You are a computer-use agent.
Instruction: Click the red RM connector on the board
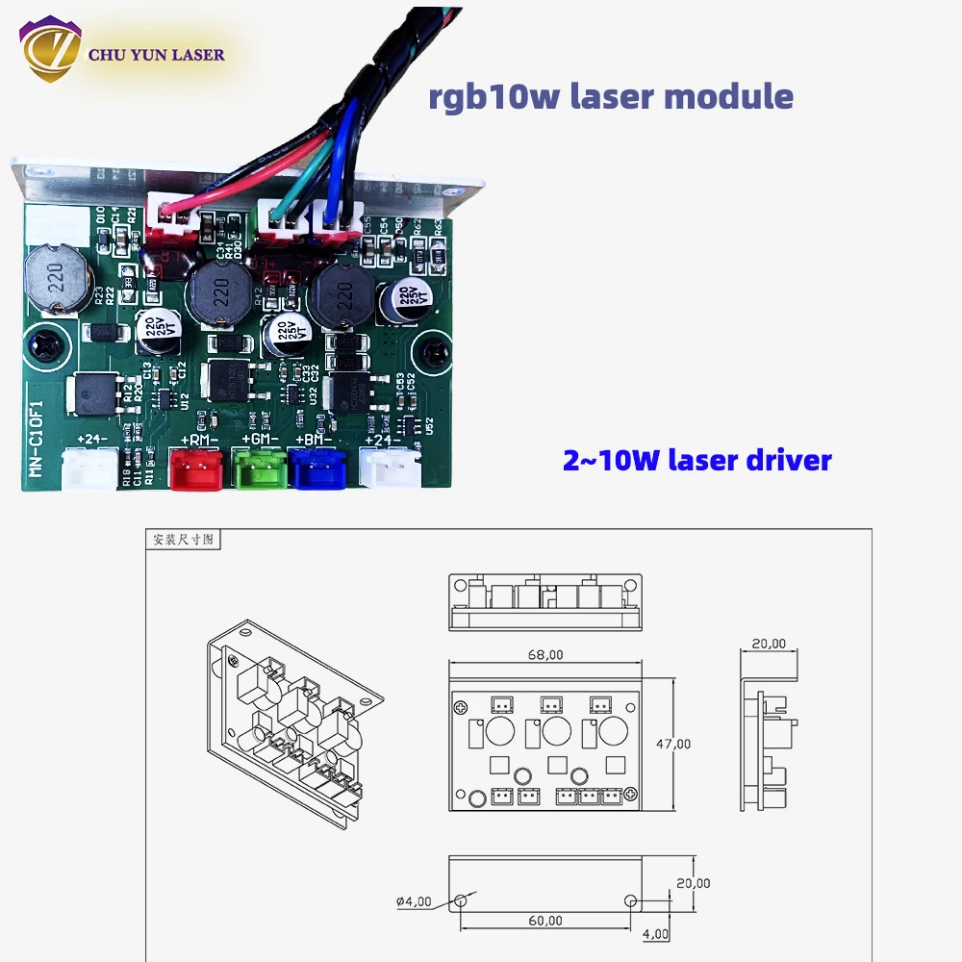[x=192, y=468]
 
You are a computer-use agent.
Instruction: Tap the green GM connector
[x=256, y=468]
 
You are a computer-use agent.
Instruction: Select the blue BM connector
[x=315, y=468]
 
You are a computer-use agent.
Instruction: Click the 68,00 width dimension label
[x=544, y=654]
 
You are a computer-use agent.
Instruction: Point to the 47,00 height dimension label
[x=673, y=744]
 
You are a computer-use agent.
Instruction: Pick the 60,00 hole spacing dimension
[x=544, y=921]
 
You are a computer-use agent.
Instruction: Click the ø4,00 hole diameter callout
[x=414, y=901]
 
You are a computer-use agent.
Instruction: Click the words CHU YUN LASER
[x=156, y=54]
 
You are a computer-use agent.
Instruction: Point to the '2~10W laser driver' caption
[x=696, y=460]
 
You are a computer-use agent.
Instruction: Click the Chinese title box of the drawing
[x=182, y=540]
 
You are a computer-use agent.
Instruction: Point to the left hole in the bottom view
[x=461, y=901]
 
